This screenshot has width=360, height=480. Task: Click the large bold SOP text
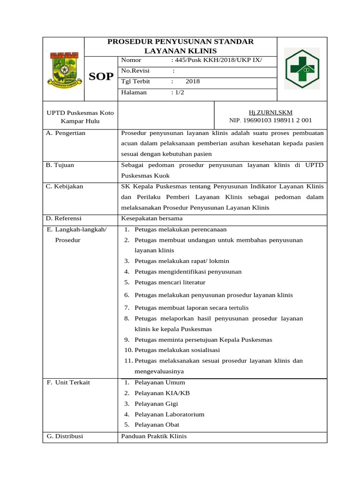point(101,77)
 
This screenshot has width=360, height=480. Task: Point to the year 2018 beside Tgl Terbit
point(192,82)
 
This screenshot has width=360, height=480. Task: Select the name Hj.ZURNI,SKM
point(270,112)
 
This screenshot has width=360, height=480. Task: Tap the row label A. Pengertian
point(66,133)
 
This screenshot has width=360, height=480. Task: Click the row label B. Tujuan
point(60,165)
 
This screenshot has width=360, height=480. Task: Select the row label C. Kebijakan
point(64,187)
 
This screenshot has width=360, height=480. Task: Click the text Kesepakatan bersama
point(152,218)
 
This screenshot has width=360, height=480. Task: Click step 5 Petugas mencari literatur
point(170,282)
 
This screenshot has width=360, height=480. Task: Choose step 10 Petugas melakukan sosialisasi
point(177,350)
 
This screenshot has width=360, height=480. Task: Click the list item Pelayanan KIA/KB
point(162,393)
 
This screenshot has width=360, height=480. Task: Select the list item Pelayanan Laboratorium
point(169,414)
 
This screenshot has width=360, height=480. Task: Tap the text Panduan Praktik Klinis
point(154,436)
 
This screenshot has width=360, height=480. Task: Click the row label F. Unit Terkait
point(68,382)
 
